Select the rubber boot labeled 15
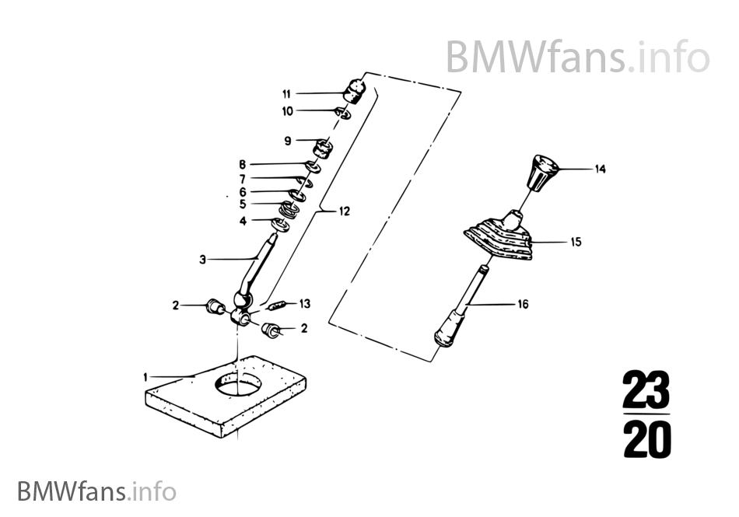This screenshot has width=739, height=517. click(x=499, y=238)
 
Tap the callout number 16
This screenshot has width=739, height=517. click(x=524, y=304)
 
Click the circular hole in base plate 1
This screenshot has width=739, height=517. click(x=238, y=383)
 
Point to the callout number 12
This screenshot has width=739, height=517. click(x=345, y=211)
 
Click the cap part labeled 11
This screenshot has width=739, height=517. click(x=355, y=91)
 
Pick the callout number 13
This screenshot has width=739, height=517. click(x=305, y=304)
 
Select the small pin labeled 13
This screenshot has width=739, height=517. click(x=277, y=306)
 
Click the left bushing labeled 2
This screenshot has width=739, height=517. click(x=215, y=306)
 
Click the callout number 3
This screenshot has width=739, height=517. click(x=203, y=260)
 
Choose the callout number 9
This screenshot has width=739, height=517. click(x=288, y=141)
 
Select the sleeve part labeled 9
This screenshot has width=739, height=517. click(x=324, y=148)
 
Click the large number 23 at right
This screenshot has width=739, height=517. click(x=646, y=390)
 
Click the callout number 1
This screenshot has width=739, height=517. click(x=145, y=377)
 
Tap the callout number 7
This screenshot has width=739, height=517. click(x=242, y=179)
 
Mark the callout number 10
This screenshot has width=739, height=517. click(x=288, y=111)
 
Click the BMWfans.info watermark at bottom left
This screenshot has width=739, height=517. click(x=96, y=491)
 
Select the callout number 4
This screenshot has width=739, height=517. click(x=243, y=220)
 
